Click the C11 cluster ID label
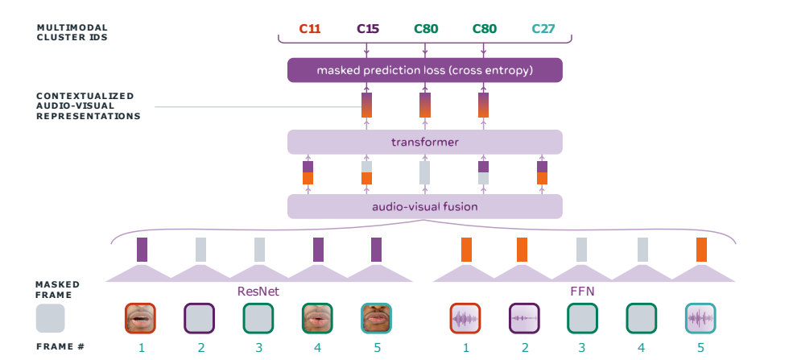[309, 29]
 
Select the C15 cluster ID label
[368, 29]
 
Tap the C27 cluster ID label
[543, 29]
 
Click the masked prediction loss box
[425, 70]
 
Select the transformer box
[425, 142]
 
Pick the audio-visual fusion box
[425, 206]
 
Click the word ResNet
[258, 292]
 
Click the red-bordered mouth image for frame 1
[140, 319]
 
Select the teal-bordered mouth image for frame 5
[376, 319]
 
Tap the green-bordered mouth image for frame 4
[317, 319]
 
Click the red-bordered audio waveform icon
[465, 319]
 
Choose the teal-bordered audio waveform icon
[700, 319]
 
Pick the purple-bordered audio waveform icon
[524, 319]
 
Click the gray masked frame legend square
[50, 318]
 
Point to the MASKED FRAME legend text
[58, 290]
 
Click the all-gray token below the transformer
[425, 173]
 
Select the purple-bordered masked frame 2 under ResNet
[199, 319]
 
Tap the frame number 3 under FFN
[582, 348]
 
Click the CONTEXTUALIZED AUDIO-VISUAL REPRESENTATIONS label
[88, 106]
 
